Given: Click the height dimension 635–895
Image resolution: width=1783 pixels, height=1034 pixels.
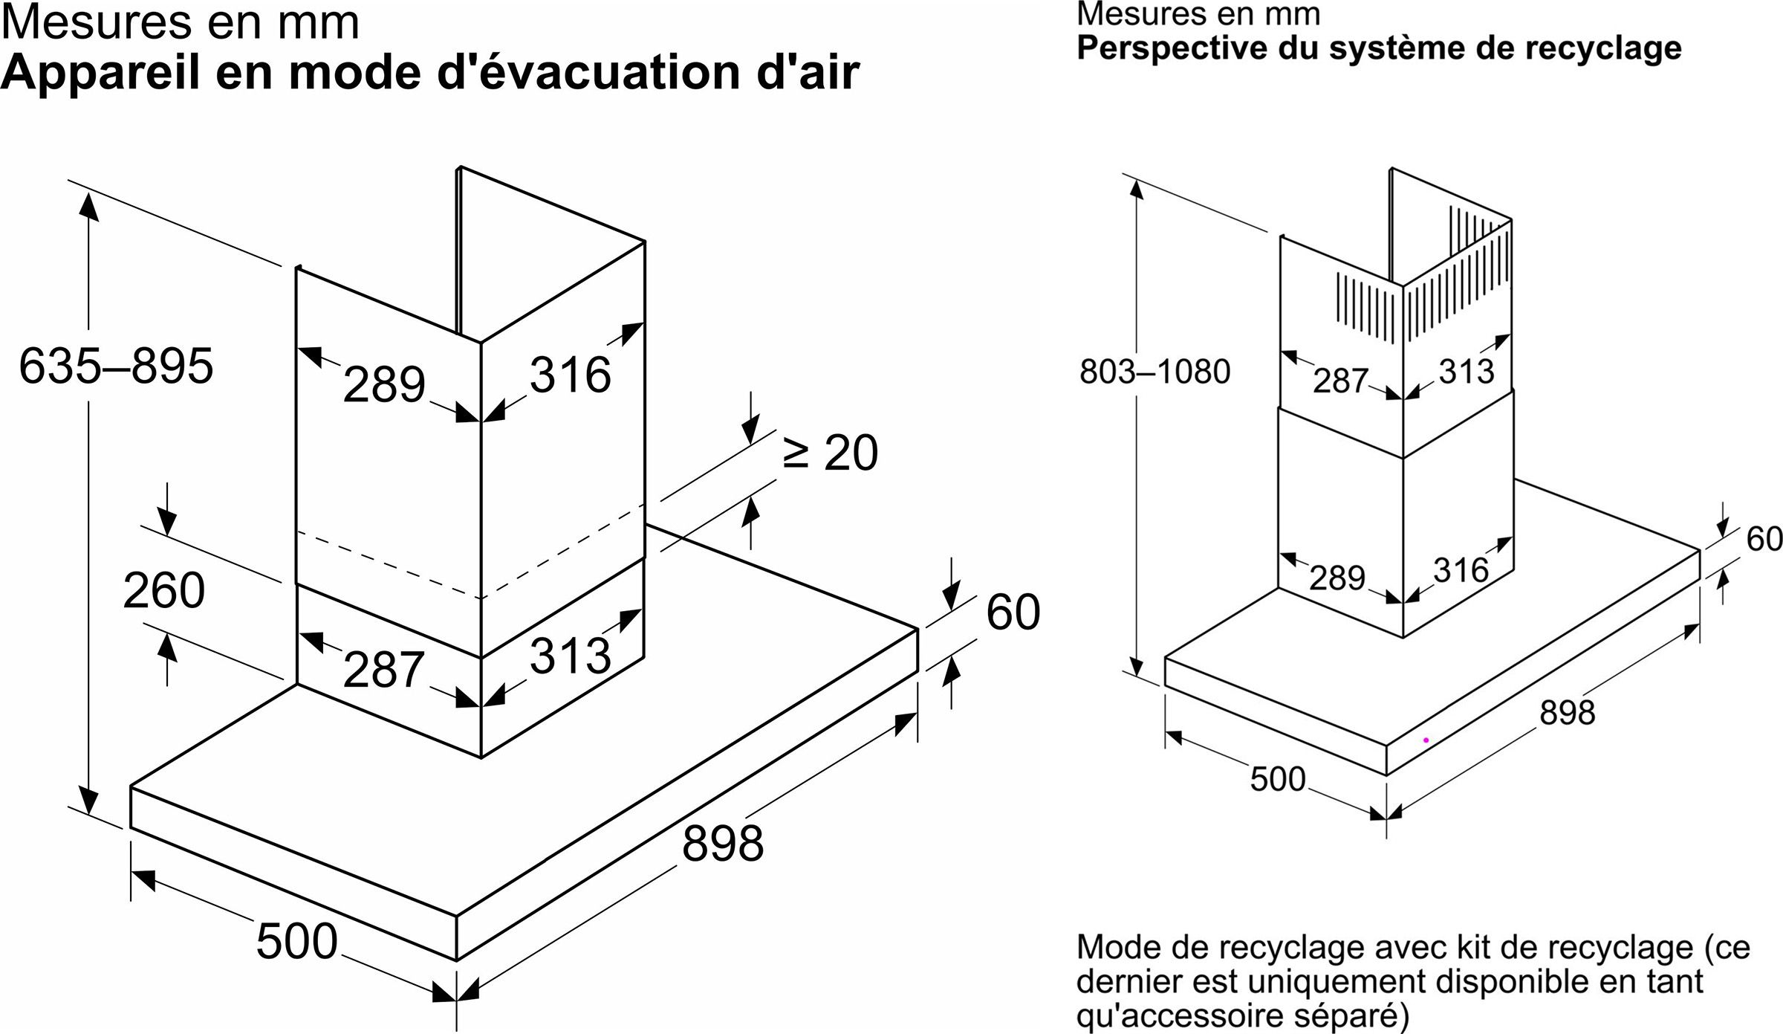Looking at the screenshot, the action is click(x=116, y=366).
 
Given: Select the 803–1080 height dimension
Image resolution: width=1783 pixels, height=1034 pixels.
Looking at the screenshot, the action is click(x=1154, y=372).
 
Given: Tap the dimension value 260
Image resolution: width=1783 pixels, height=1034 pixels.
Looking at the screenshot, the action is click(x=163, y=590).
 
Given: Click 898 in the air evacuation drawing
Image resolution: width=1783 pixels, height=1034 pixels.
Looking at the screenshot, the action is click(x=723, y=843).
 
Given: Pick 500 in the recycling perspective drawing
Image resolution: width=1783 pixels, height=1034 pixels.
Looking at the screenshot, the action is click(x=1277, y=779).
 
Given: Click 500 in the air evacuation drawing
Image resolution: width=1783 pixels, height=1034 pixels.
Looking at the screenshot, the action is click(x=296, y=941).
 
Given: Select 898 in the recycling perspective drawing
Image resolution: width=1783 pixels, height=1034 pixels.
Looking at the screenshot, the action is click(x=1567, y=712).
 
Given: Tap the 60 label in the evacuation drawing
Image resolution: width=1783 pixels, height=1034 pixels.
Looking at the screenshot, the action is click(x=1013, y=613).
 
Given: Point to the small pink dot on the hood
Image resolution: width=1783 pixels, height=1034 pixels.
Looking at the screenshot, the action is click(x=1426, y=740).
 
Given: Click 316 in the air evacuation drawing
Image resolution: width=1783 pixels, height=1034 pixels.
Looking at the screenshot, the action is click(x=570, y=374).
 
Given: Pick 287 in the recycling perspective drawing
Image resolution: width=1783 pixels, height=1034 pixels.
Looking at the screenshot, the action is click(x=1340, y=381).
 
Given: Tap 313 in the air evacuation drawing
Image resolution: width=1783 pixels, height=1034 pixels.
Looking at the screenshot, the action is click(x=570, y=655).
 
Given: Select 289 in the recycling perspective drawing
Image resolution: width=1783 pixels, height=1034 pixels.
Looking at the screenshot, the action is click(x=1337, y=578).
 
